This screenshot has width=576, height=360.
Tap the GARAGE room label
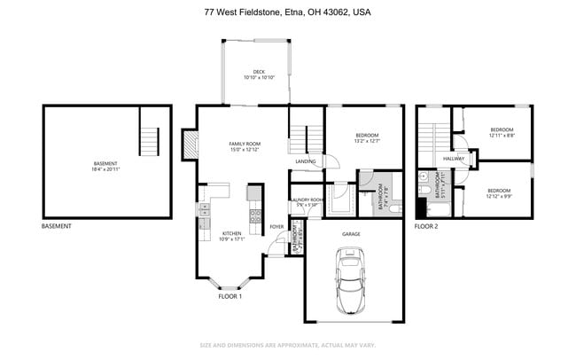(351, 234)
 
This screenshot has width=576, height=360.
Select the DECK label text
(259, 73)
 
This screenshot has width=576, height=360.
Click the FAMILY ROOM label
(245, 144)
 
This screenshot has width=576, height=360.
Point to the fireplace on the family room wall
(189, 144)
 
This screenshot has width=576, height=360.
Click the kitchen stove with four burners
(254, 214)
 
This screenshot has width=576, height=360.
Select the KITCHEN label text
(231, 234)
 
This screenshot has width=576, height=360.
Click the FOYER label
(276, 227)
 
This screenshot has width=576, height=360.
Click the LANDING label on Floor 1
(306, 161)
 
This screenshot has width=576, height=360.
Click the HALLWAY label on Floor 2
(454, 159)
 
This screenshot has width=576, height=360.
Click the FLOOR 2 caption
(425, 227)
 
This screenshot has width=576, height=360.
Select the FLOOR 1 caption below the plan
(230, 296)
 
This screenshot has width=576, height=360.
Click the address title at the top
(287, 12)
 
